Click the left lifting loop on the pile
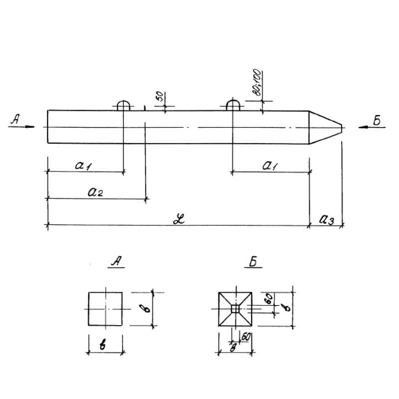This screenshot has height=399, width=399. (x=123, y=105)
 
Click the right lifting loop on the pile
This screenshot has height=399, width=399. (x=232, y=105)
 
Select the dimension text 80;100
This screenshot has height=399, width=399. (x=255, y=82)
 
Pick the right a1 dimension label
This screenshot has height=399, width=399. (x=270, y=166)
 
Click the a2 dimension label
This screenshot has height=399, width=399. (x=95, y=193)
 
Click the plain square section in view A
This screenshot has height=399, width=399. (x=105, y=309)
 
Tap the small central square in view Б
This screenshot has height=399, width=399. (x=235, y=309)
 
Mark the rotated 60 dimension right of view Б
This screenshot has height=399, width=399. (x=268, y=299)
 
